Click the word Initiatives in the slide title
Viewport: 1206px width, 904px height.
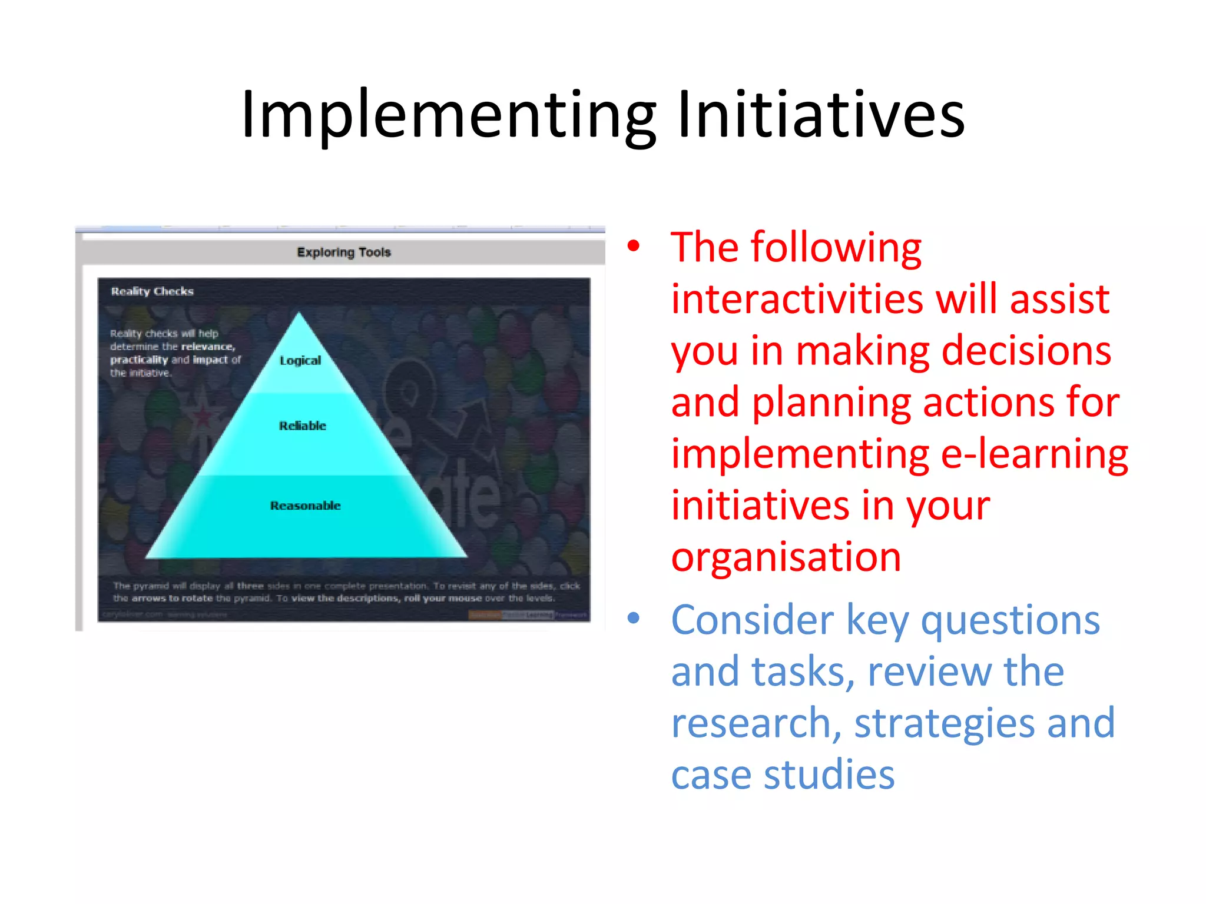[x=821, y=115]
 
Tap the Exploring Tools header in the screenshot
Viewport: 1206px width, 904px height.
[x=344, y=252]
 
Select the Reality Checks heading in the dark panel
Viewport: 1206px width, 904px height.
[x=152, y=291]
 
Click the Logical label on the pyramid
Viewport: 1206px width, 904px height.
[x=300, y=360]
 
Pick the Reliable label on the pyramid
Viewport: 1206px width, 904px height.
[x=302, y=426]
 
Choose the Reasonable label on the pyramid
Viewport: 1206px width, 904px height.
[x=305, y=506]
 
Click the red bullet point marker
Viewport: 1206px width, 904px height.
[x=633, y=246]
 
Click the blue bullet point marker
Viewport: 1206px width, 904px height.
[x=633, y=618]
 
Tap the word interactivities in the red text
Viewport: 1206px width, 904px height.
[x=796, y=299]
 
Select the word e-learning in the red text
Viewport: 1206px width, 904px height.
[x=1034, y=454]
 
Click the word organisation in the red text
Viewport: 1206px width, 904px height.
[x=786, y=557]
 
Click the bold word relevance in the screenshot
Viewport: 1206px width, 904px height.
[x=208, y=347]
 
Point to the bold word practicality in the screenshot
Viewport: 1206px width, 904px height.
[x=139, y=360]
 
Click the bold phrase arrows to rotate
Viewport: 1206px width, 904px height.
[x=172, y=599]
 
